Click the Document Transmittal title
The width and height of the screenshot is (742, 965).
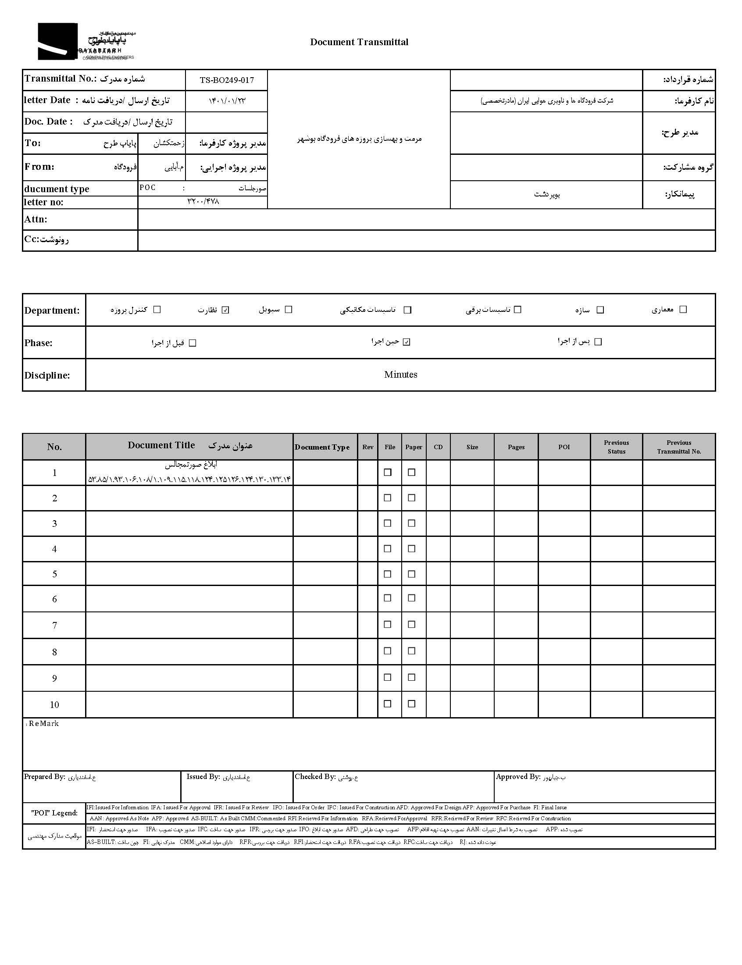point(359,43)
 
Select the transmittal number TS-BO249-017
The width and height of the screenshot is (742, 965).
point(227,80)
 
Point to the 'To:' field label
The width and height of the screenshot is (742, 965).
point(33,143)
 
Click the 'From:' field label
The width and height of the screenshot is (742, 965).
point(39,167)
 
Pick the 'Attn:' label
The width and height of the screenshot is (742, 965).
point(36,219)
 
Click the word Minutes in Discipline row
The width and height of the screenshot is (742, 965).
point(400,375)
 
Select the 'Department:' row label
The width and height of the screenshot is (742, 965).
point(52,311)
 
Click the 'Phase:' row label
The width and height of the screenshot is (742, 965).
point(39,343)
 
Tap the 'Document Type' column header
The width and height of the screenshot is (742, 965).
point(322,447)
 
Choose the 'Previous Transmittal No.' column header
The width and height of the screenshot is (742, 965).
point(679,447)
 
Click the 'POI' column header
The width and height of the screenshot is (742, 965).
point(564,447)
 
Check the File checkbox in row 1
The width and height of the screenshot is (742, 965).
point(388,472)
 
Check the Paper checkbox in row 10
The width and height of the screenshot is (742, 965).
point(412,704)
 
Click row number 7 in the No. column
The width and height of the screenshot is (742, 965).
point(54,625)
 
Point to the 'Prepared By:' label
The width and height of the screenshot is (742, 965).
point(45,777)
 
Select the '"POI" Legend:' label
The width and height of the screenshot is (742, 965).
point(54,813)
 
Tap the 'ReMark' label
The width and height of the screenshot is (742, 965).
point(43,724)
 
